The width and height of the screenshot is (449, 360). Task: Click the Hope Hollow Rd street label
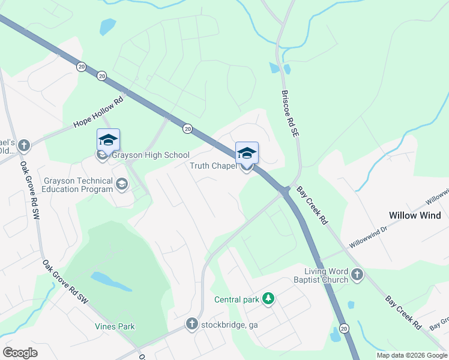click(98, 113)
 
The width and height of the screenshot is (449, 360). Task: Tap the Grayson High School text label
click(151, 155)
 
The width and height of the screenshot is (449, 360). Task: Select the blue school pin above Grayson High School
click(108, 140)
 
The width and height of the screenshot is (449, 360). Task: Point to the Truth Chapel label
click(213, 166)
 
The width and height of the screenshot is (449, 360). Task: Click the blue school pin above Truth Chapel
click(247, 153)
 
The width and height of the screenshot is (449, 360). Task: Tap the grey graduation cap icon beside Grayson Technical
click(122, 184)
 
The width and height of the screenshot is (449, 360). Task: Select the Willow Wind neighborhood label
click(415, 215)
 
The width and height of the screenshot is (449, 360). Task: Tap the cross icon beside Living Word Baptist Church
click(357, 275)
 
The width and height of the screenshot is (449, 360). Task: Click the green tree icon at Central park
click(270, 299)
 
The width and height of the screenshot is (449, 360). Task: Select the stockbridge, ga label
click(229, 325)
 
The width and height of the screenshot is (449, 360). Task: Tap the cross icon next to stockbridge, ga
click(191, 325)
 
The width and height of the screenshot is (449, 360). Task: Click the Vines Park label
click(115, 326)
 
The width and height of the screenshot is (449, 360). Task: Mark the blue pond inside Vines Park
click(111, 281)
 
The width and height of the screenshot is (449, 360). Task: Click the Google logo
click(20, 353)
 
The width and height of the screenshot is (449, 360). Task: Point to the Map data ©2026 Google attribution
click(412, 355)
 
